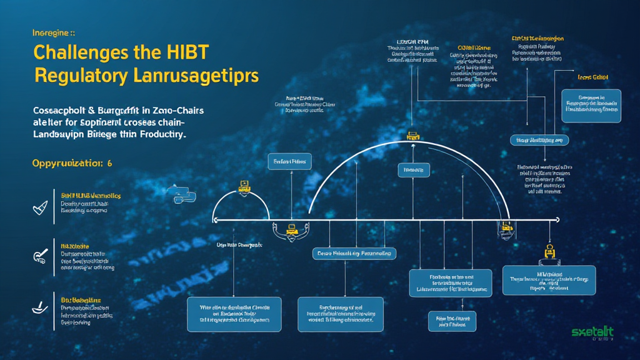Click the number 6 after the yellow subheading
tap(109, 163)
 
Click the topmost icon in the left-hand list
tap(40, 207)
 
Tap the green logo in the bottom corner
tap(592, 332)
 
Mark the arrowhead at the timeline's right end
tap(556, 219)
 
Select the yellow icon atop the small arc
tap(244, 186)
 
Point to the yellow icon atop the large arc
tap(412, 135)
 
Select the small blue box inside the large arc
tap(413, 169)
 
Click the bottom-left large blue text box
tap(234, 314)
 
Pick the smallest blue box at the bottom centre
tap(451, 321)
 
